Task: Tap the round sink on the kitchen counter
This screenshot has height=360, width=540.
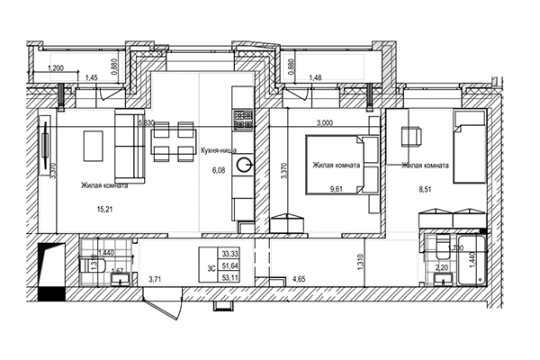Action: point(243,166)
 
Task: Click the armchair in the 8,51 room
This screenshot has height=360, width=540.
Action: point(411,136)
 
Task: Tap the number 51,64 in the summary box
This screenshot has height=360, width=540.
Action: point(230,266)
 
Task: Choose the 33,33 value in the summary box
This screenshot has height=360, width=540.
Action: point(230,255)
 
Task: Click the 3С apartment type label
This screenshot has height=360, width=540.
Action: point(211,266)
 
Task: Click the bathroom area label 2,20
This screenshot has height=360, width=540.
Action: point(442,267)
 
